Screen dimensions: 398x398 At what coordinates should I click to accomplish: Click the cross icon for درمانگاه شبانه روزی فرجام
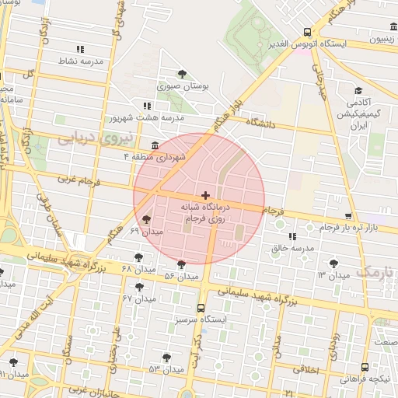click(205, 194)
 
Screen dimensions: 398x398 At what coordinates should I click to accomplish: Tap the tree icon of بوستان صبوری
click(182, 74)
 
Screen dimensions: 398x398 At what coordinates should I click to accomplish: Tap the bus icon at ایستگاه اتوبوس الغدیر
click(308, 33)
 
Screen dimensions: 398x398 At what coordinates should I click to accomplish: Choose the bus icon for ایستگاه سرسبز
click(201, 308)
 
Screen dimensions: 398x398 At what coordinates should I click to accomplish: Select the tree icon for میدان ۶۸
click(139, 257)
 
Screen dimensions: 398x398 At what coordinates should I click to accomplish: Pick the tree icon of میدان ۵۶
click(182, 264)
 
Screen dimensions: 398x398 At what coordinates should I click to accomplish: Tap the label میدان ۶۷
click(140, 298)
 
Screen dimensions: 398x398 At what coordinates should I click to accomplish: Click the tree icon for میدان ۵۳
click(166, 357)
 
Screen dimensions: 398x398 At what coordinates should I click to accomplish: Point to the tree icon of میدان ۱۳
click(333, 264)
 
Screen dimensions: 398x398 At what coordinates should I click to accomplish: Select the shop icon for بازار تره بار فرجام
click(347, 216)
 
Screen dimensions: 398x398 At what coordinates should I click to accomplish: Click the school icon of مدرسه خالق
click(292, 236)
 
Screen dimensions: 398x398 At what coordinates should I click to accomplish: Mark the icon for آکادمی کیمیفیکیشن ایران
click(358, 90)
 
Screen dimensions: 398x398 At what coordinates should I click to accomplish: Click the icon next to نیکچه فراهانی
click(365, 367)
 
